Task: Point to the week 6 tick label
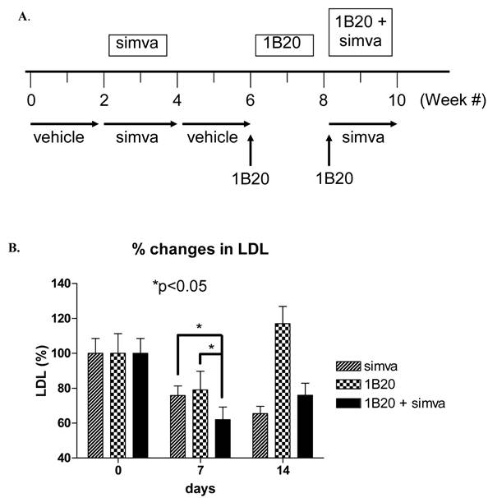pyautogui.click(x=251, y=100)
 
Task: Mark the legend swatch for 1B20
pyautogui.click(x=350, y=384)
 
